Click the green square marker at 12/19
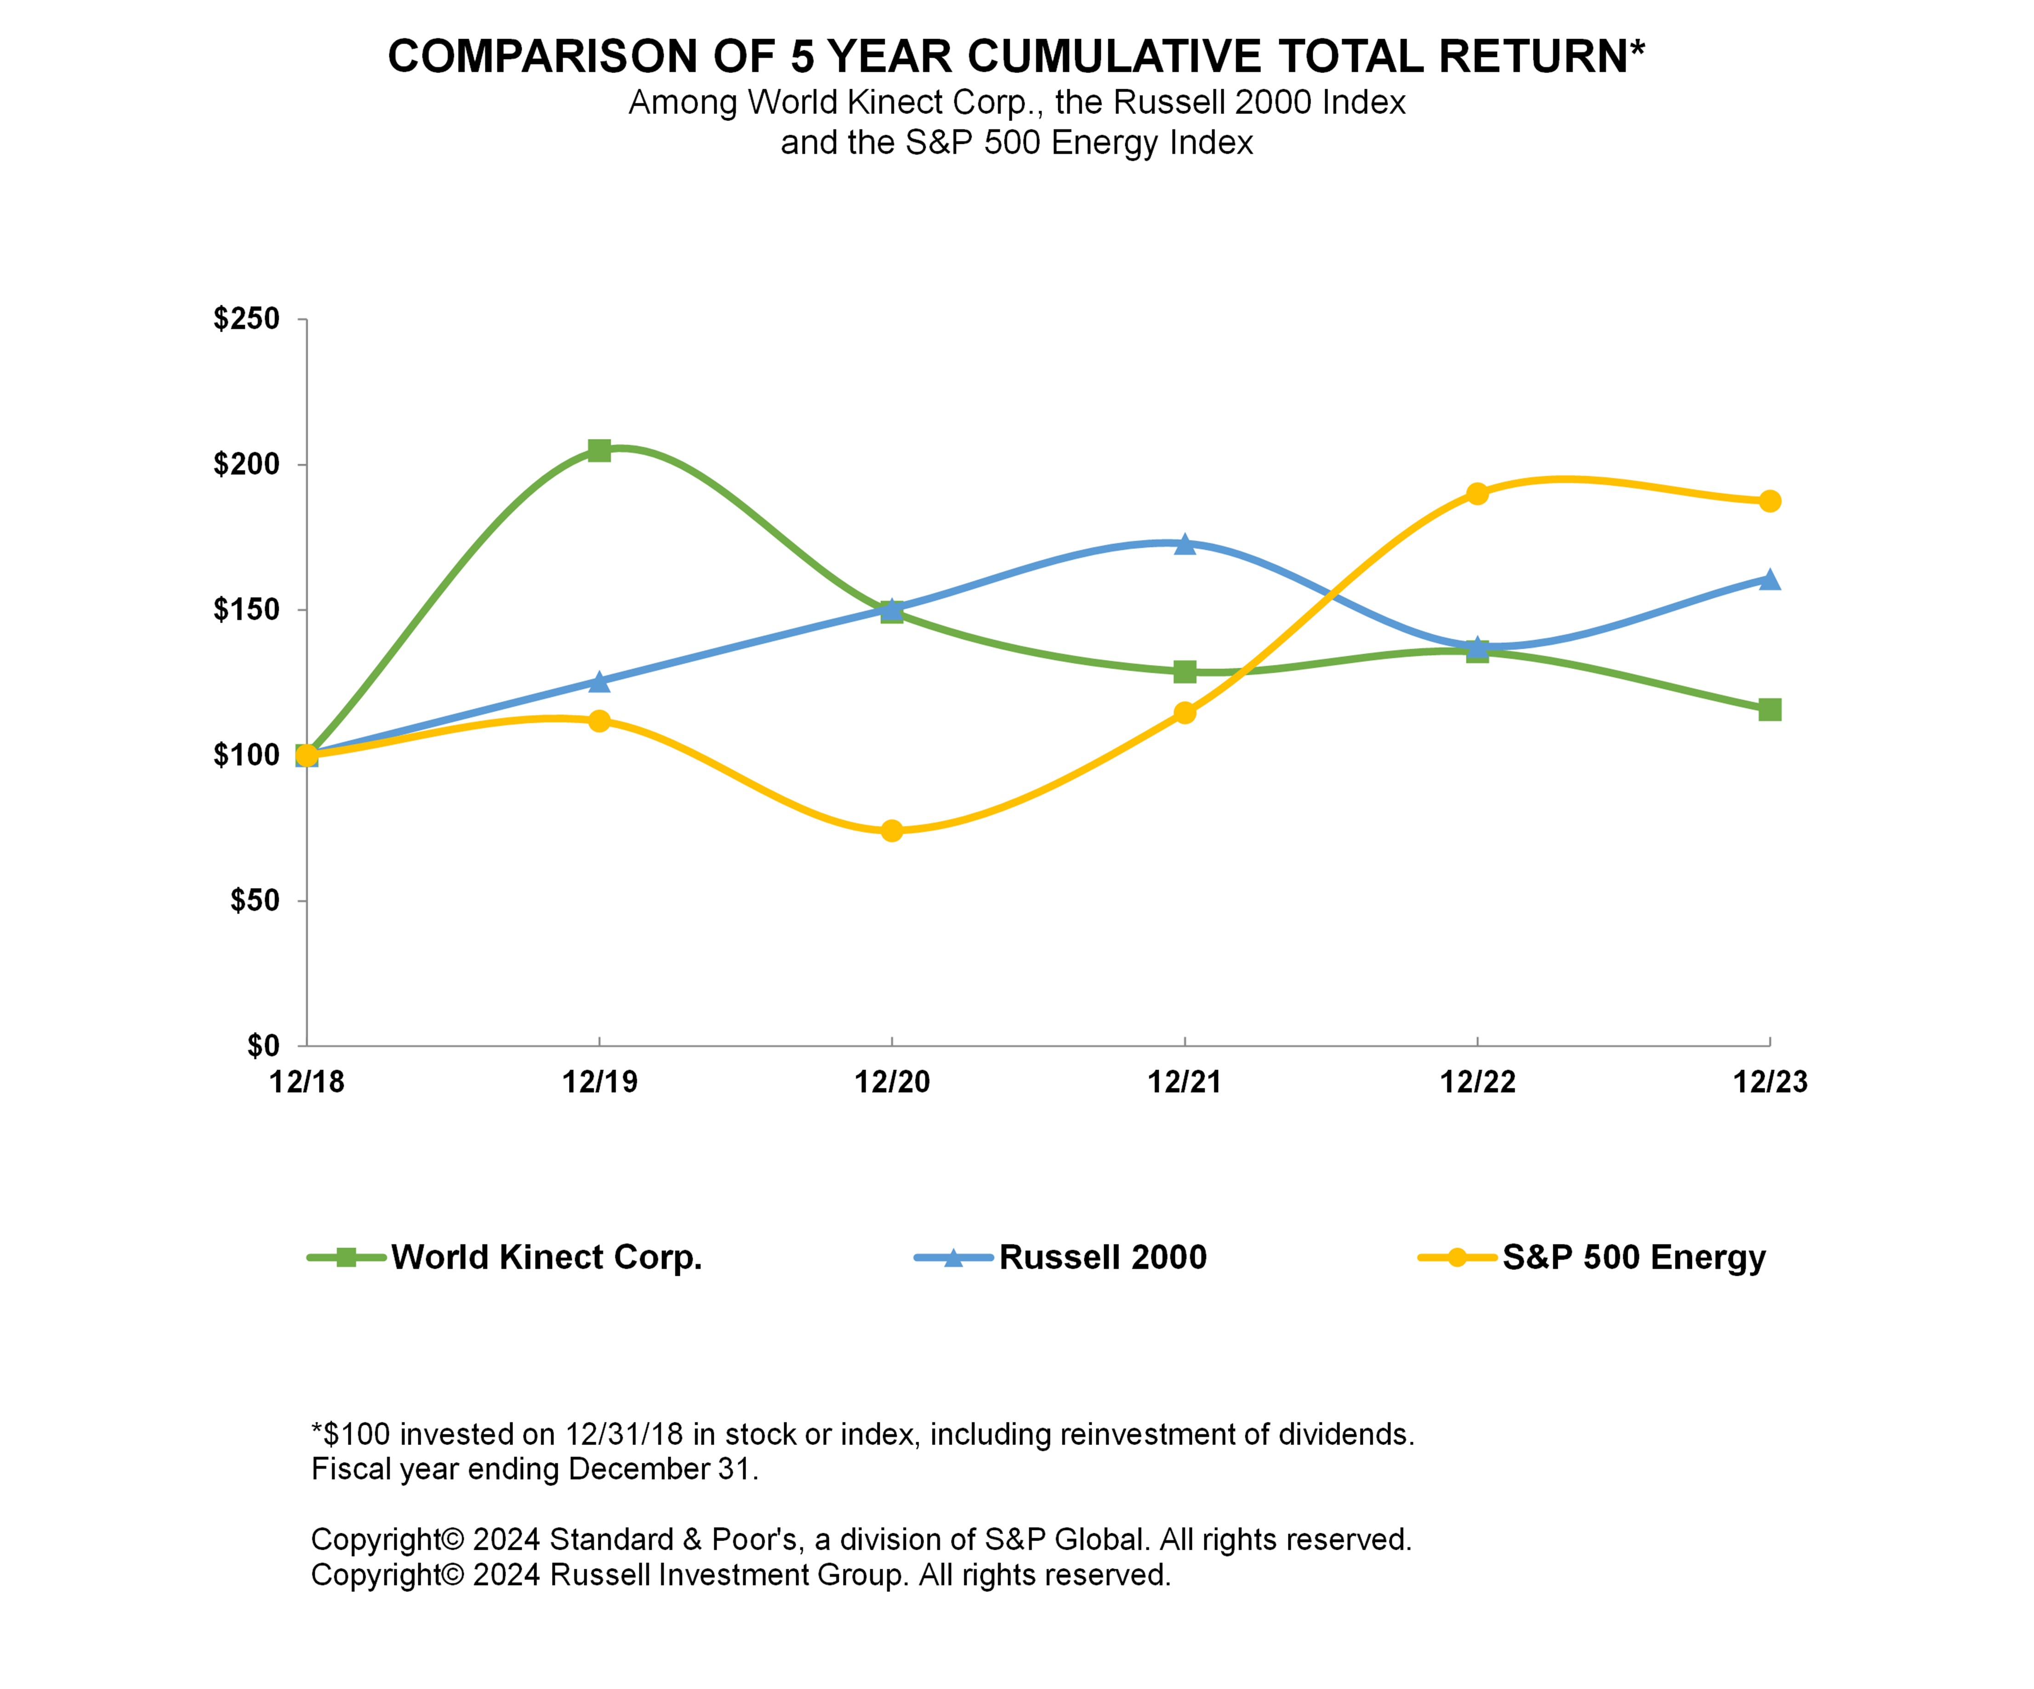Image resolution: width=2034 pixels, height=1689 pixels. (599, 450)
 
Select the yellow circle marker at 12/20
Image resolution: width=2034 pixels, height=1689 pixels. (892, 831)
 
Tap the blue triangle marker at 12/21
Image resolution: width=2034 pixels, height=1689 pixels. (1185, 544)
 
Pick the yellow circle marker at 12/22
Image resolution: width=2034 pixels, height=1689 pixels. (1477, 494)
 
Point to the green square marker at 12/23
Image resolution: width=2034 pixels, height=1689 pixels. (1770, 710)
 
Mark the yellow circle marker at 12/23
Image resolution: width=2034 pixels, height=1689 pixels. (1770, 500)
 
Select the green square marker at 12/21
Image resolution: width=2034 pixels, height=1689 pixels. (1185, 671)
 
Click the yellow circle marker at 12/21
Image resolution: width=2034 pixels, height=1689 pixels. (1185, 713)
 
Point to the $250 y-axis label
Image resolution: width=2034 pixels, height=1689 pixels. (246, 318)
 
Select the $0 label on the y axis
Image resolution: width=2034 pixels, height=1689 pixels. (262, 1046)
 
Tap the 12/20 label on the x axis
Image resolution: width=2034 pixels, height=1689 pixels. (892, 1082)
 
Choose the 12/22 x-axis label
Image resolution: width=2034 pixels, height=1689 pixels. (1477, 1082)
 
